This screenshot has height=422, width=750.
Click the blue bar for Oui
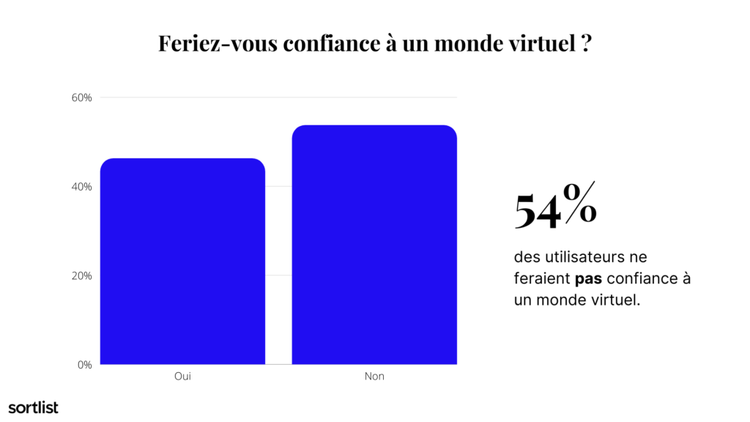(x=182, y=262)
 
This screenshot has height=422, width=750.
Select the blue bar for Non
(x=374, y=245)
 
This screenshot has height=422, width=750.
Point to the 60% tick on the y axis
(x=81, y=97)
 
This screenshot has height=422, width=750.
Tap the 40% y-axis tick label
(x=81, y=187)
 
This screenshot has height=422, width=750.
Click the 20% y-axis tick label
(x=81, y=275)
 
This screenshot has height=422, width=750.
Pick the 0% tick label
(x=85, y=365)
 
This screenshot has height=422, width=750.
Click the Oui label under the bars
(x=182, y=376)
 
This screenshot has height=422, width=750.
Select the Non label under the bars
(x=374, y=376)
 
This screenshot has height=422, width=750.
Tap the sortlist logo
(x=34, y=407)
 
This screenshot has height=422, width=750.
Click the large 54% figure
(x=555, y=205)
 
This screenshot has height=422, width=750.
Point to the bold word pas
(x=588, y=278)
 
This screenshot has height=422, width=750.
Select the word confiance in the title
(x=332, y=43)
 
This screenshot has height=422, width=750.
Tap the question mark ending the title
(x=587, y=43)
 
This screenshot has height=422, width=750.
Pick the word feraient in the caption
(x=543, y=278)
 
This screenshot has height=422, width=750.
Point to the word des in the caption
(x=527, y=257)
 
